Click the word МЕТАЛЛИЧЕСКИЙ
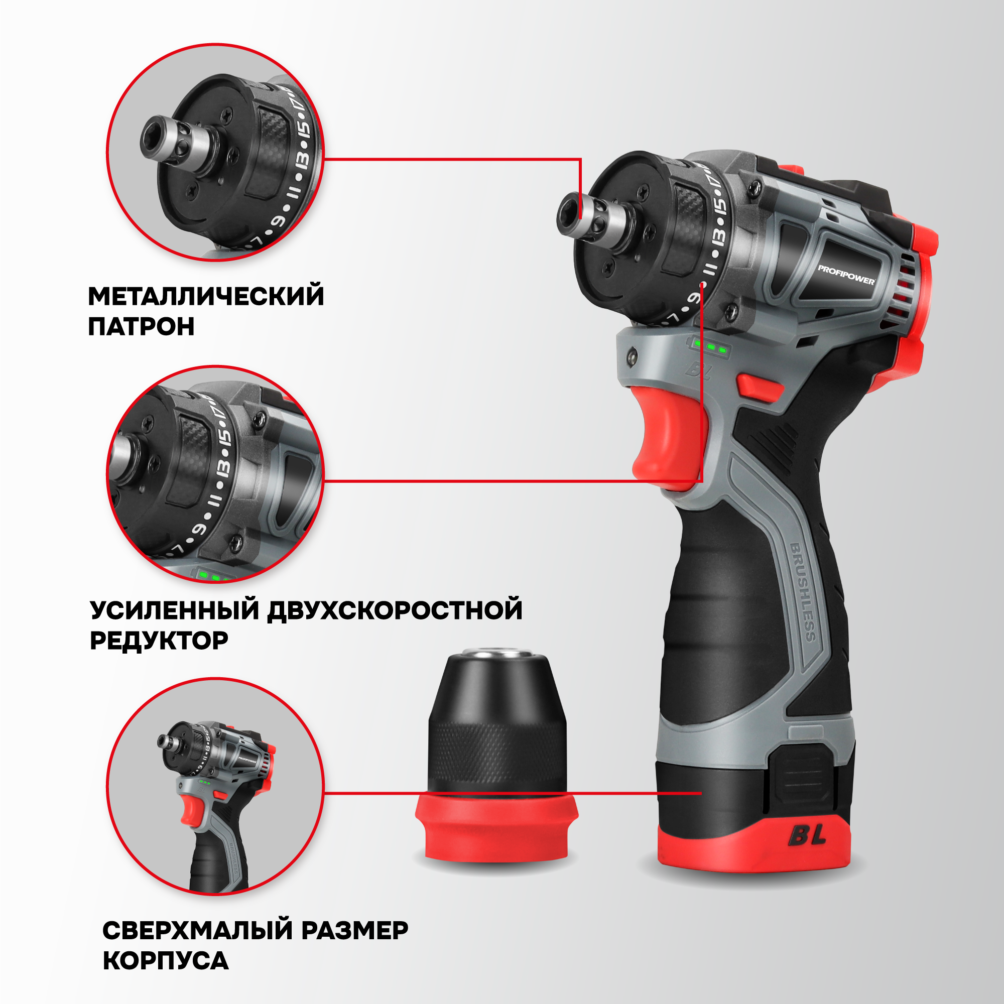(x=206, y=296)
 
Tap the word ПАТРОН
(x=142, y=326)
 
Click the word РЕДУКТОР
(x=159, y=640)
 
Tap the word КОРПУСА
(x=165, y=961)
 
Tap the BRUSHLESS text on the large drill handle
(x=803, y=592)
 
